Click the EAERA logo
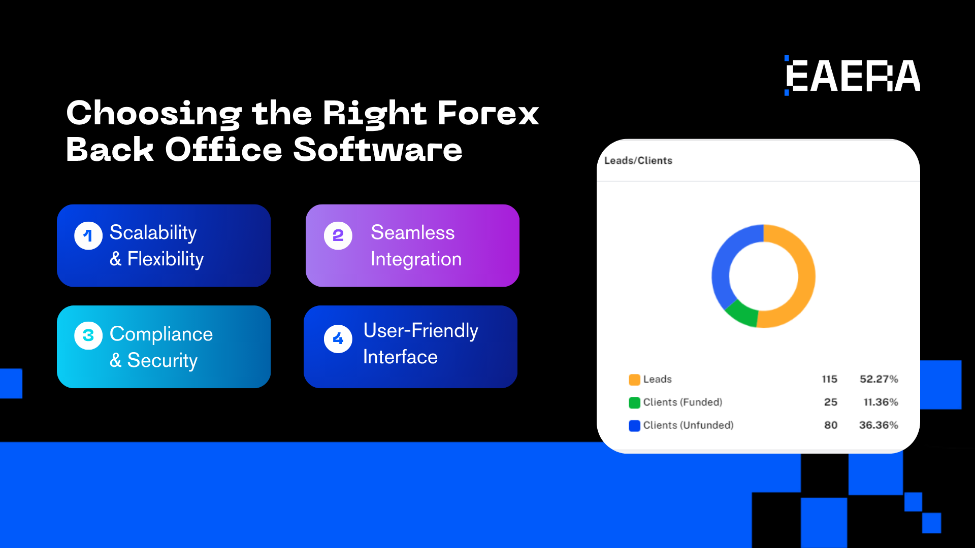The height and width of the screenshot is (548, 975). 853,76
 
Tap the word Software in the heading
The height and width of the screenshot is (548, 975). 378,150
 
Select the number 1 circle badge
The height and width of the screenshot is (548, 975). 88,236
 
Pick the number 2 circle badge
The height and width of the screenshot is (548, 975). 338,236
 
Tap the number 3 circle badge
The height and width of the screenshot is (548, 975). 88,336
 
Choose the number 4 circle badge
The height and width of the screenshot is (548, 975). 338,339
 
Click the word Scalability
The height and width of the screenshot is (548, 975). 153,233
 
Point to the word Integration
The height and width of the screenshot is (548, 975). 416,259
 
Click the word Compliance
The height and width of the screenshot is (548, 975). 161,334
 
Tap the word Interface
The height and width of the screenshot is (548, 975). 400,357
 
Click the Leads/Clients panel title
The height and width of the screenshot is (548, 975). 638,160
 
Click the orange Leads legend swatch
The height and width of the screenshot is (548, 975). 634,380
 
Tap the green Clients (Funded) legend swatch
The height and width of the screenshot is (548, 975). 634,403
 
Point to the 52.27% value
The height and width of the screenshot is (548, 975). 879,379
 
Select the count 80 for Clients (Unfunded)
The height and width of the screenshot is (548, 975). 831,425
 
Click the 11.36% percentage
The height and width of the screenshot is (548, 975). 881,402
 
